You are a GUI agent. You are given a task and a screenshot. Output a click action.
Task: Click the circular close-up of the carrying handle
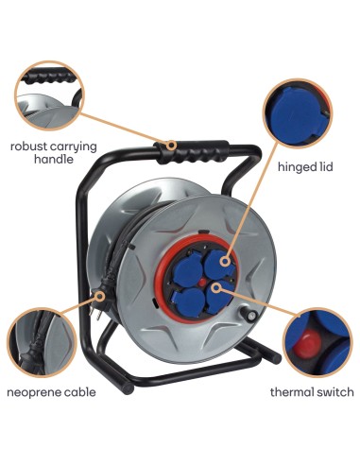point(48,97)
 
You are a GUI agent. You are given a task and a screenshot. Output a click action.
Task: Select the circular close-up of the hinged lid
point(299,115)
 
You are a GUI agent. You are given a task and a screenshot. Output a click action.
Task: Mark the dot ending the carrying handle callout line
point(171,146)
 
